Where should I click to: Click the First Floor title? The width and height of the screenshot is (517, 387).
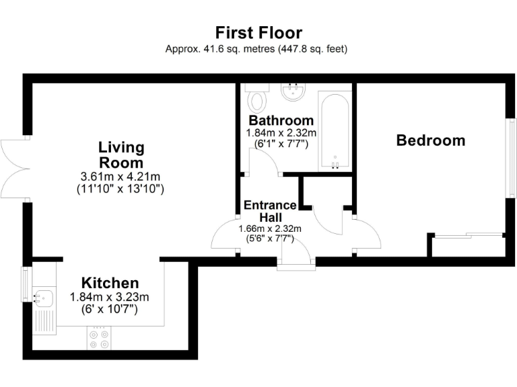(x=258, y=32)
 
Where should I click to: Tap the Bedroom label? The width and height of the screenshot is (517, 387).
(x=430, y=140)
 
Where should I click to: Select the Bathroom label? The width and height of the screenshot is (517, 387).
(x=281, y=120)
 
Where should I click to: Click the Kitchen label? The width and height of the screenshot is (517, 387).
(x=110, y=283)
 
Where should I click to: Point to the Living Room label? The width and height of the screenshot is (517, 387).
(x=121, y=155)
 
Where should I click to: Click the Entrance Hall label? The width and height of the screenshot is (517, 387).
(x=270, y=211)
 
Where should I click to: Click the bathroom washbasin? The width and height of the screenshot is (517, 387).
(x=293, y=91)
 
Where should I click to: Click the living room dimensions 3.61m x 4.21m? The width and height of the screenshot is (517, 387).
(x=121, y=177)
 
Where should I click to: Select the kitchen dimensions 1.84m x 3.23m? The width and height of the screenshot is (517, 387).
(x=110, y=297)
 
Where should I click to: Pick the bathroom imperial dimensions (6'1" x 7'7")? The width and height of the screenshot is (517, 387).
(x=281, y=143)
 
